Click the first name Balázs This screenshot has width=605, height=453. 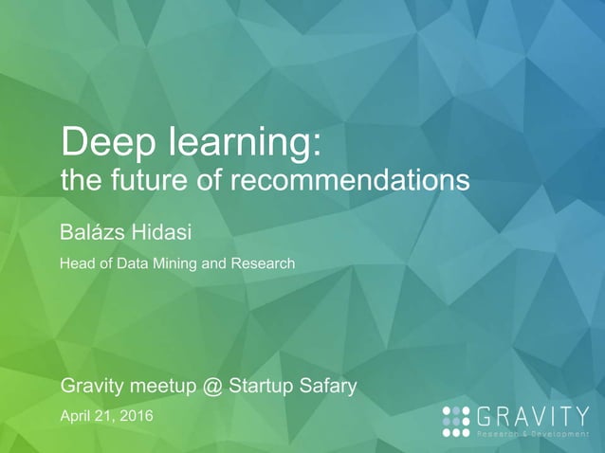pos(92,230)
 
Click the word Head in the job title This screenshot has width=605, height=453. pos(77,263)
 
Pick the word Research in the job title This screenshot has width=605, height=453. pos(264,263)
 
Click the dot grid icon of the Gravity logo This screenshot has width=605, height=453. pos(456,420)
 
